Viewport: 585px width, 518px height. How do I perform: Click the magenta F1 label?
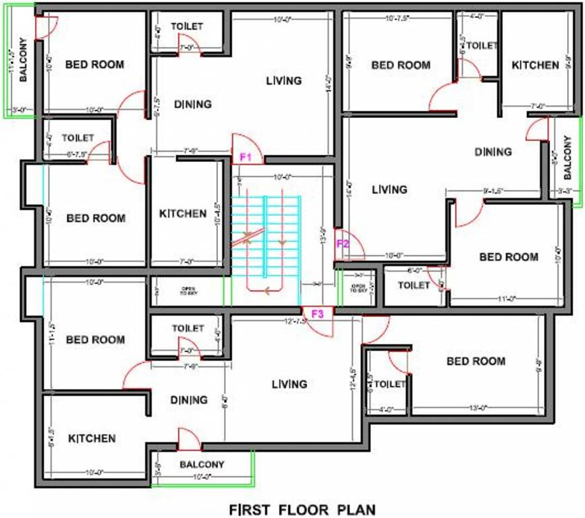[x=246, y=158]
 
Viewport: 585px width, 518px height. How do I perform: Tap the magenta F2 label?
[x=342, y=244]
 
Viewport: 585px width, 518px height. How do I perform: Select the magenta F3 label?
[x=318, y=314]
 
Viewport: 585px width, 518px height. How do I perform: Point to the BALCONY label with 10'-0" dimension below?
[x=202, y=465]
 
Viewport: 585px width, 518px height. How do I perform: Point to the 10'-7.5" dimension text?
[x=397, y=18]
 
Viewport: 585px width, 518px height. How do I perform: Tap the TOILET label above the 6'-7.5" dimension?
[x=78, y=138]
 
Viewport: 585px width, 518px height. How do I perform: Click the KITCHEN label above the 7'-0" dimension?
[x=535, y=65]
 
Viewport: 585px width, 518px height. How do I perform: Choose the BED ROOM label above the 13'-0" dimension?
[x=476, y=362]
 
